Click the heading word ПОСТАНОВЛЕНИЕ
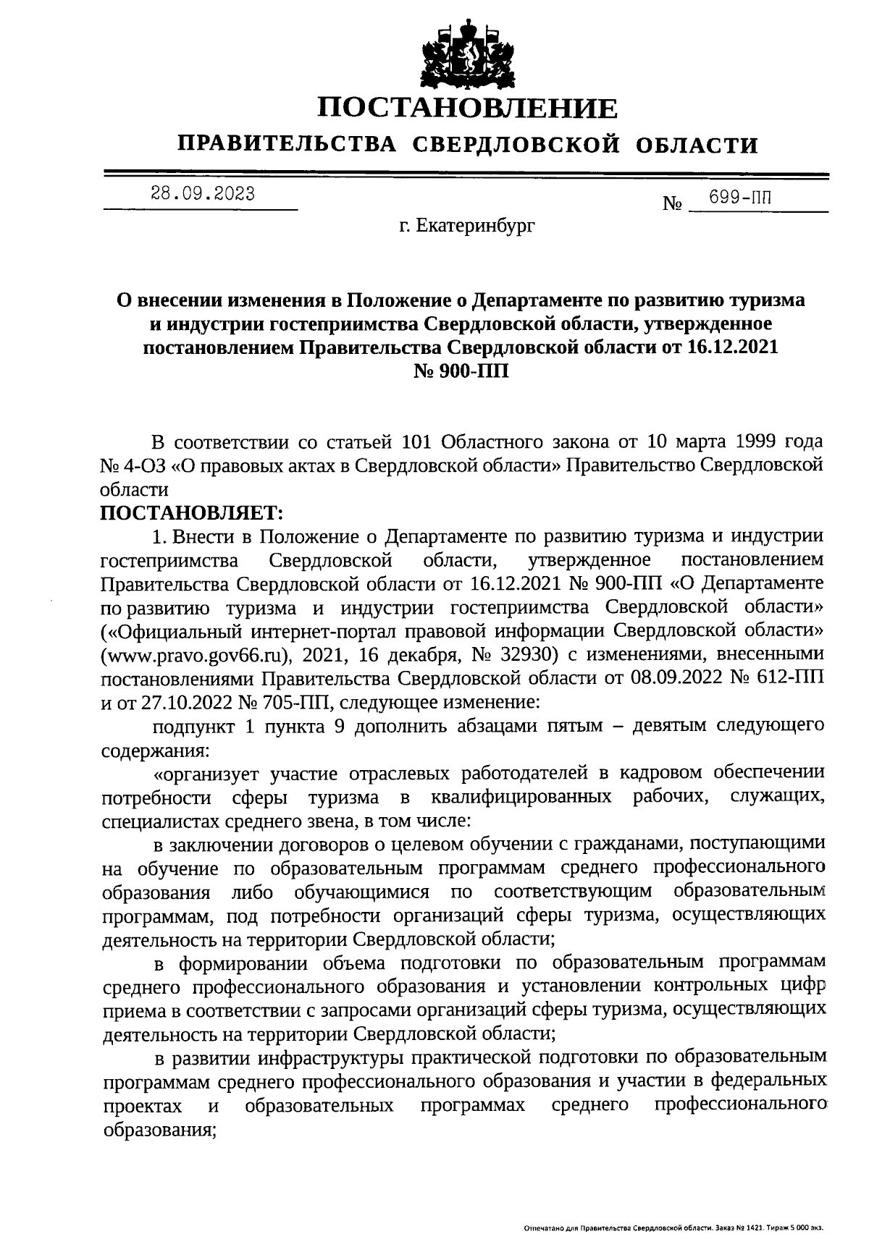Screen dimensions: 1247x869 (x=468, y=109)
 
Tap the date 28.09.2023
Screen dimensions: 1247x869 (x=202, y=194)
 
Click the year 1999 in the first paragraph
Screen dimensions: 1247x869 (x=748, y=442)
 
